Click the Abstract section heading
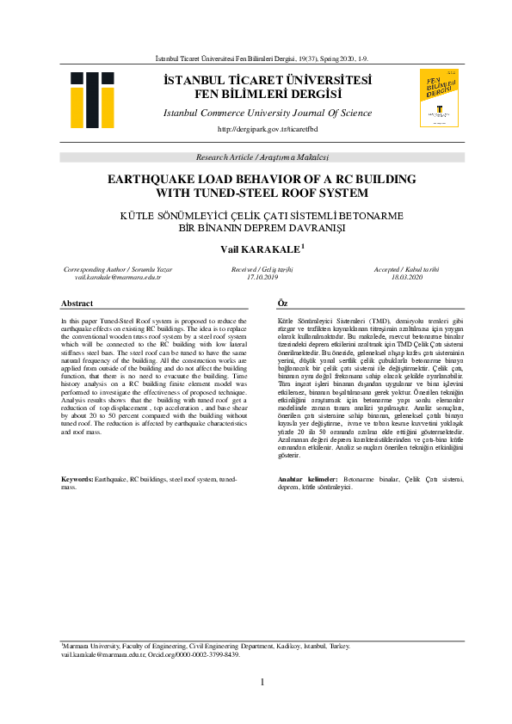pyautogui.click(x=77, y=304)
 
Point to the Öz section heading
pyautogui.click(x=282, y=304)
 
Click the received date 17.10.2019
pyautogui.click(x=262, y=278)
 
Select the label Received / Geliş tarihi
pyautogui.click(x=262, y=270)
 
